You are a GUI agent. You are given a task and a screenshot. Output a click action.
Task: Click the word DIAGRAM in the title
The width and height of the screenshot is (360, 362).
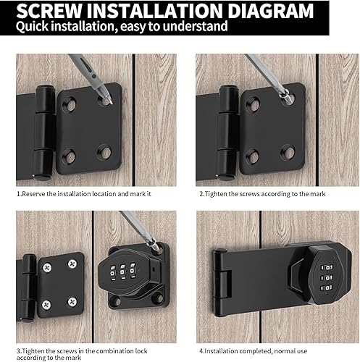(270, 11)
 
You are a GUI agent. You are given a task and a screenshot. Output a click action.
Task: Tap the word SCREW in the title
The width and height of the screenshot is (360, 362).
(49, 11)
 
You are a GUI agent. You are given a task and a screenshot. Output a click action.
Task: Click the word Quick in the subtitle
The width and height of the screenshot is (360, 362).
(32, 26)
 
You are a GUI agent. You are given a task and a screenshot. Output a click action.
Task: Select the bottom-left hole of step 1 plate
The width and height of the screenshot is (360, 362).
(70, 156)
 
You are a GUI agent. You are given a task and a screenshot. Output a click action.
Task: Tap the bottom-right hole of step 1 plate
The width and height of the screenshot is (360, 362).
(104, 152)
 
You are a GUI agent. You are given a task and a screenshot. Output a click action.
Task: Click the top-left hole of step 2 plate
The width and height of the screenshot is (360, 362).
(254, 104)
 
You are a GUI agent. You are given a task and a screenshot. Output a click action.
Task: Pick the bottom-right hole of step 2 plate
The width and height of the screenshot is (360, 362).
(288, 152)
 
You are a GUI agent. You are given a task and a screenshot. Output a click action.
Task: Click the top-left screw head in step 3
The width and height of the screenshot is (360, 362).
(47, 267)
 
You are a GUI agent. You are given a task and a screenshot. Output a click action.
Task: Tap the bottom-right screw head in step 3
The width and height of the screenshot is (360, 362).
(72, 302)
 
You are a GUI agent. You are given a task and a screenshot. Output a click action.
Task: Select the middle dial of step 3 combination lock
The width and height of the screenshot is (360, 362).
(123, 271)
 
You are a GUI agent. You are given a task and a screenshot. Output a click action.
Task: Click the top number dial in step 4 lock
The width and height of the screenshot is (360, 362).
(327, 267)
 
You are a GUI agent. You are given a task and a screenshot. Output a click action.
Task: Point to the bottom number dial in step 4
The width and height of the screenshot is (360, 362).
(327, 288)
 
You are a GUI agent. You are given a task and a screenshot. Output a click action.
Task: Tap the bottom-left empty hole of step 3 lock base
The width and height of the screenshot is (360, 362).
(116, 301)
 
